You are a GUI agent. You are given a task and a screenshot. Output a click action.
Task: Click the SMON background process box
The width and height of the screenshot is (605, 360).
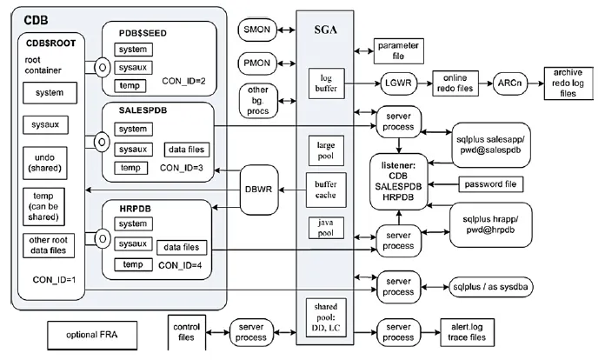click(x=261, y=30)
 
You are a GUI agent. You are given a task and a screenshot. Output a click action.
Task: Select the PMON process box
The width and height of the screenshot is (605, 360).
click(x=261, y=63)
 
